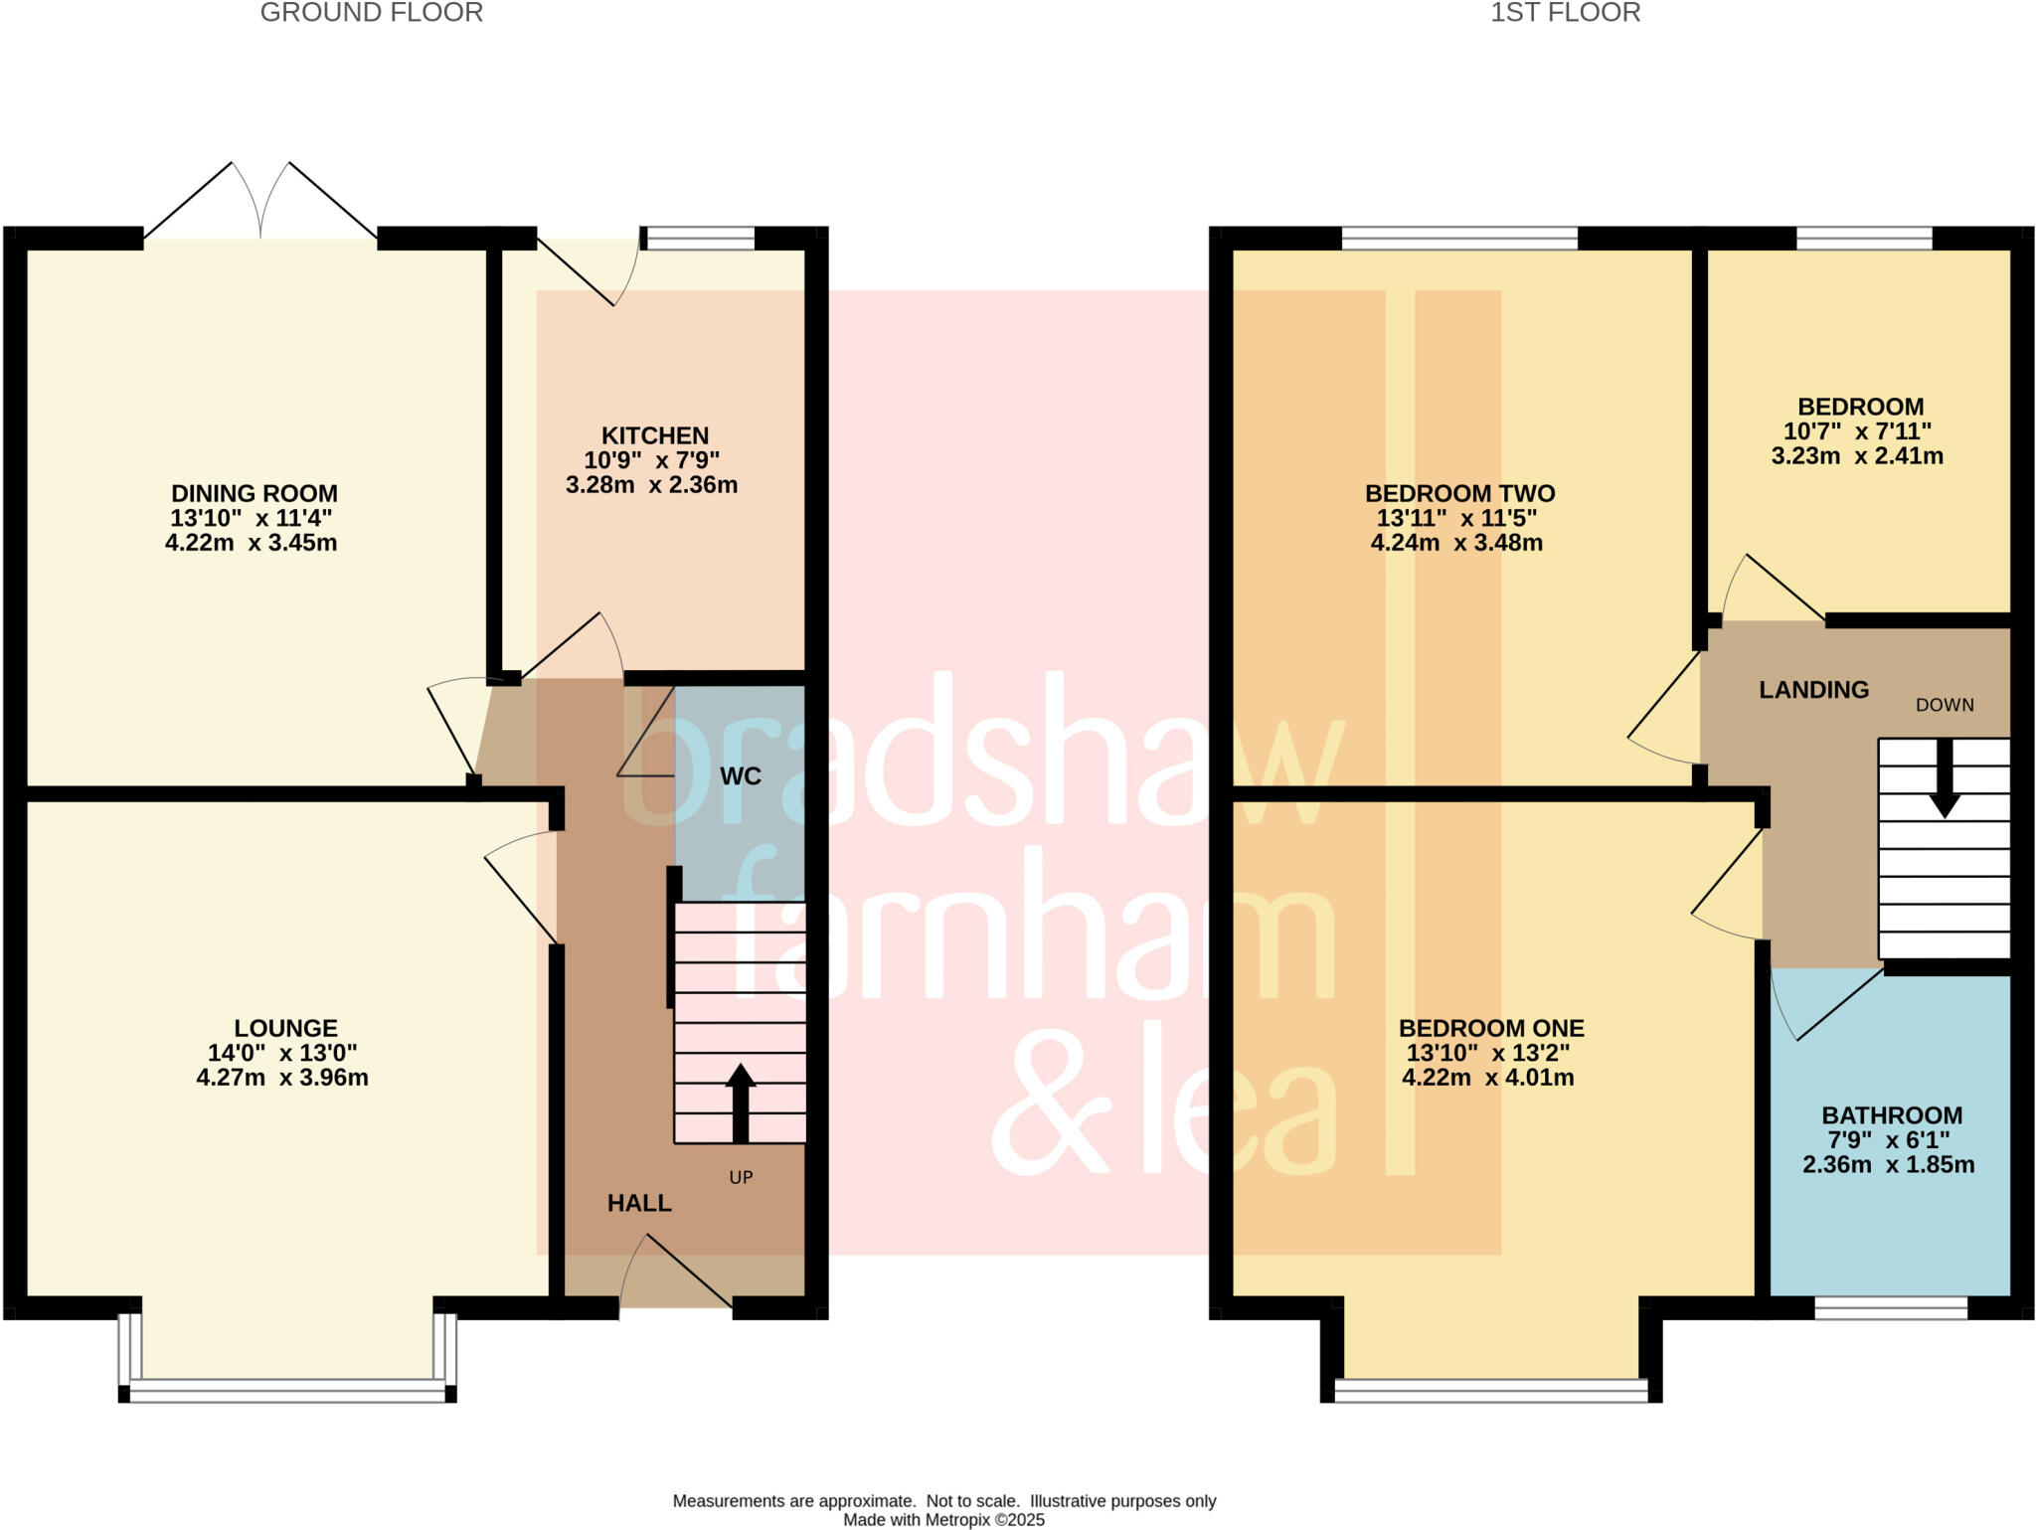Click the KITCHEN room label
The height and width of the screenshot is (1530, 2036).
pos(654,435)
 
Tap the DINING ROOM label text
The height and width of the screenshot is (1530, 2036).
pos(254,493)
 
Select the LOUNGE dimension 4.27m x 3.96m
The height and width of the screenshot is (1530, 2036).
pos(282,1078)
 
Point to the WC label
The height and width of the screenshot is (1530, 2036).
pos(741,776)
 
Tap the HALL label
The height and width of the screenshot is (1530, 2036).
pos(639,1203)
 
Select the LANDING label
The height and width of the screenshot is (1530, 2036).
pos(1813,690)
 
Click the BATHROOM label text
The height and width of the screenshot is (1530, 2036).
pos(1891,1115)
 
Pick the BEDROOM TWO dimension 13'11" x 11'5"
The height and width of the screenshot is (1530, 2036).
pos(1456,518)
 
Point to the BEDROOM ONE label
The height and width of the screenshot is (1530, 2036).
pos(1490,1028)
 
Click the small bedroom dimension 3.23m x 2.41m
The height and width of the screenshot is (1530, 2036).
pos(1856,456)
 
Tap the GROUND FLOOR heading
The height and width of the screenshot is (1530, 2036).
pos(371,13)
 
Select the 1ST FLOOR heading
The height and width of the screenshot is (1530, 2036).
pos(1565,13)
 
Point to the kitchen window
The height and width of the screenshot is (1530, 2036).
pos(699,238)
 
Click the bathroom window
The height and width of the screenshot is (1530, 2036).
pos(1890,1308)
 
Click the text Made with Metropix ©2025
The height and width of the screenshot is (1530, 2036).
pos(943,1519)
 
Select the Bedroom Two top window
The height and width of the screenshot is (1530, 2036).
pos(1458,238)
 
